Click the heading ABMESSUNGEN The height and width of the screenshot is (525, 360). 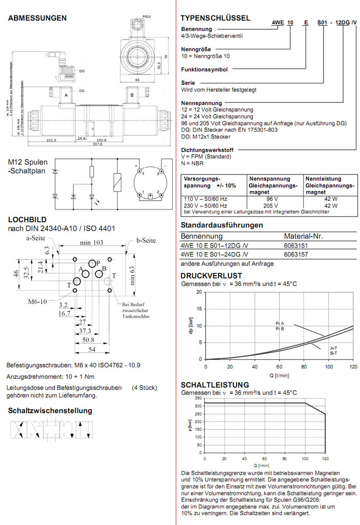(x=37, y=18)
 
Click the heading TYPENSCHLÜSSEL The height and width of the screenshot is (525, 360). (x=215, y=18)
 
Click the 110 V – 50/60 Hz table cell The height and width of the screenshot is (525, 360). (x=205, y=198)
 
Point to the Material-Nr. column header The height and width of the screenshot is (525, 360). (x=303, y=236)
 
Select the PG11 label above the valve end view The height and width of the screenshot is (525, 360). (x=146, y=17)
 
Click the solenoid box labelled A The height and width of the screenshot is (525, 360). (x=65, y=96)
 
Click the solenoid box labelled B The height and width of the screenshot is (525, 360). (x=132, y=96)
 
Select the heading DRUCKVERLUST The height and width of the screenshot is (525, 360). (x=211, y=276)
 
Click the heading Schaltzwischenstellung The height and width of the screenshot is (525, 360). (x=50, y=410)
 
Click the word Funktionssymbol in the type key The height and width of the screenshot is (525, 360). (x=204, y=69)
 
